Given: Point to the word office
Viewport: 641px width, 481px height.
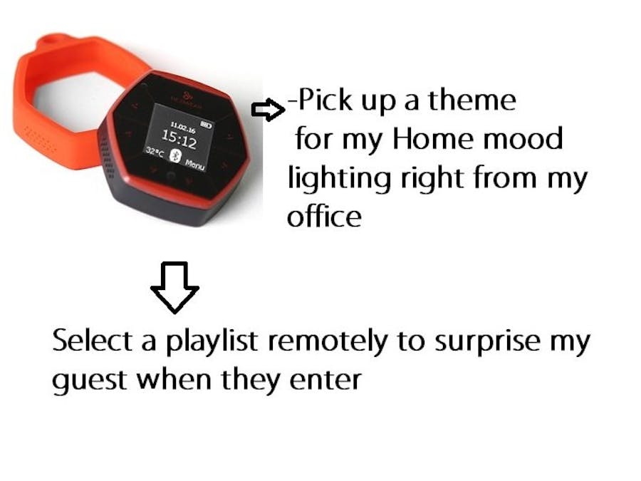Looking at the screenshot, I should click(x=324, y=216).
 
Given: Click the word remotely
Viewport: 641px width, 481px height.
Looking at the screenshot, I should click(x=328, y=342).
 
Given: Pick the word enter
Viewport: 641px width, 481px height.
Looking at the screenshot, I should click(x=327, y=381).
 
